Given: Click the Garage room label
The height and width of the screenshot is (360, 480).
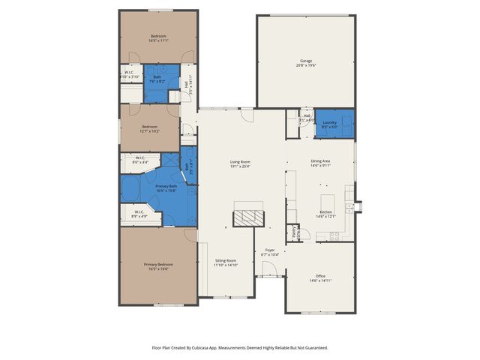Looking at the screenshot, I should (306, 61).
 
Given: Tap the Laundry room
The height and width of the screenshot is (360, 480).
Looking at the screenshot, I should (330, 124).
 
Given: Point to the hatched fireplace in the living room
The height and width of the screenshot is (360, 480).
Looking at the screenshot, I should (248, 217).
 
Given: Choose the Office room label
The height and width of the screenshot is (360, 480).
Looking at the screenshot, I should (320, 277).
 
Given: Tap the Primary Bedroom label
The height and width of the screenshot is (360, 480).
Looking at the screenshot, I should (158, 265).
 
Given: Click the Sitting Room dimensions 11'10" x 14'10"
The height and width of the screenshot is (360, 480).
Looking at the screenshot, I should (226, 265).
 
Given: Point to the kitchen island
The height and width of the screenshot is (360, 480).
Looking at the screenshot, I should (327, 203).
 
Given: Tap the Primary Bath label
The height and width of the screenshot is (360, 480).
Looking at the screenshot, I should (166, 187).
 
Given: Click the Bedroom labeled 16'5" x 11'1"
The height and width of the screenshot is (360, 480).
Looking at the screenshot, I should (158, 38).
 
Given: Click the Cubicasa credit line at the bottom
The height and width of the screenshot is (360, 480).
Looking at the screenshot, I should (239, 347).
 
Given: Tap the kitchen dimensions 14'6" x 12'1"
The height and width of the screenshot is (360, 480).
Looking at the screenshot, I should (326, 216).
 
